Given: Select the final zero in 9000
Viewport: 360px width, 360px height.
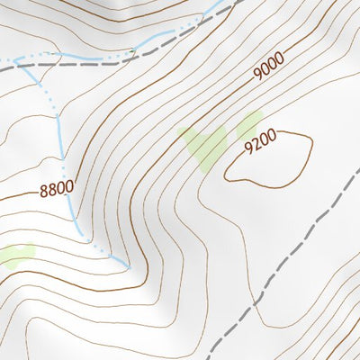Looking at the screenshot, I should click(279, 58).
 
